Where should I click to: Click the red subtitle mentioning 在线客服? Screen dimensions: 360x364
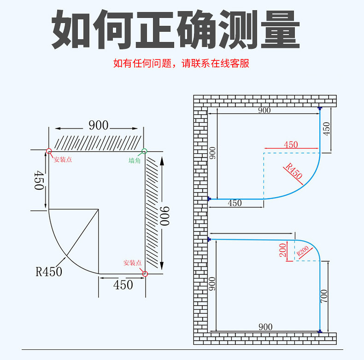181,63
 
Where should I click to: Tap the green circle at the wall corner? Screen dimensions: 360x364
144,151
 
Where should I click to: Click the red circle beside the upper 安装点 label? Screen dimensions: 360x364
49,151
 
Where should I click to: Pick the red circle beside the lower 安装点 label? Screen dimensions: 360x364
145,273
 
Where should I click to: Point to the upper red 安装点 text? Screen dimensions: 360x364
63,160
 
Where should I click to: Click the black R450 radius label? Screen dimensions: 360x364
49,271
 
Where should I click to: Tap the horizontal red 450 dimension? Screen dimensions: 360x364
291,145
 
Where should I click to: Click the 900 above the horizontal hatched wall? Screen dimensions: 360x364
98,125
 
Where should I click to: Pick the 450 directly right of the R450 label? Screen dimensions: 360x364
123,285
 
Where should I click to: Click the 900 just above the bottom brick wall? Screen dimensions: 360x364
265,327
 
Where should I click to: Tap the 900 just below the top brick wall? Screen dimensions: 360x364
264,110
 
